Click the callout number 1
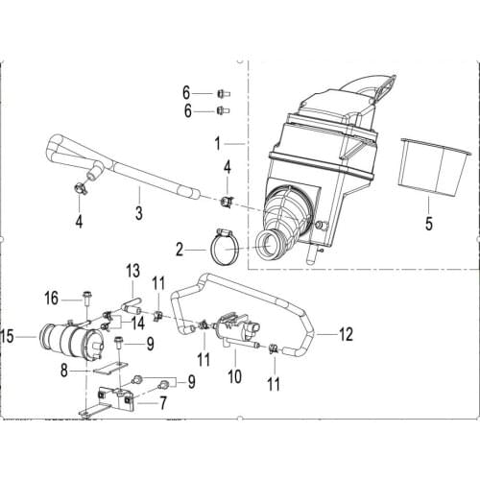point(218,144)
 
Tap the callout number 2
point(180,250)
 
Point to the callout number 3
point(139,212)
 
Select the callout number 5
point(429,223)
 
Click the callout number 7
point(163,403)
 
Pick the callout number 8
point(64,371)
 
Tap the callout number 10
point(234,376)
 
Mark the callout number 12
point(346,334)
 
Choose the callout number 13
point(132,271)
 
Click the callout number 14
point(138,324)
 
